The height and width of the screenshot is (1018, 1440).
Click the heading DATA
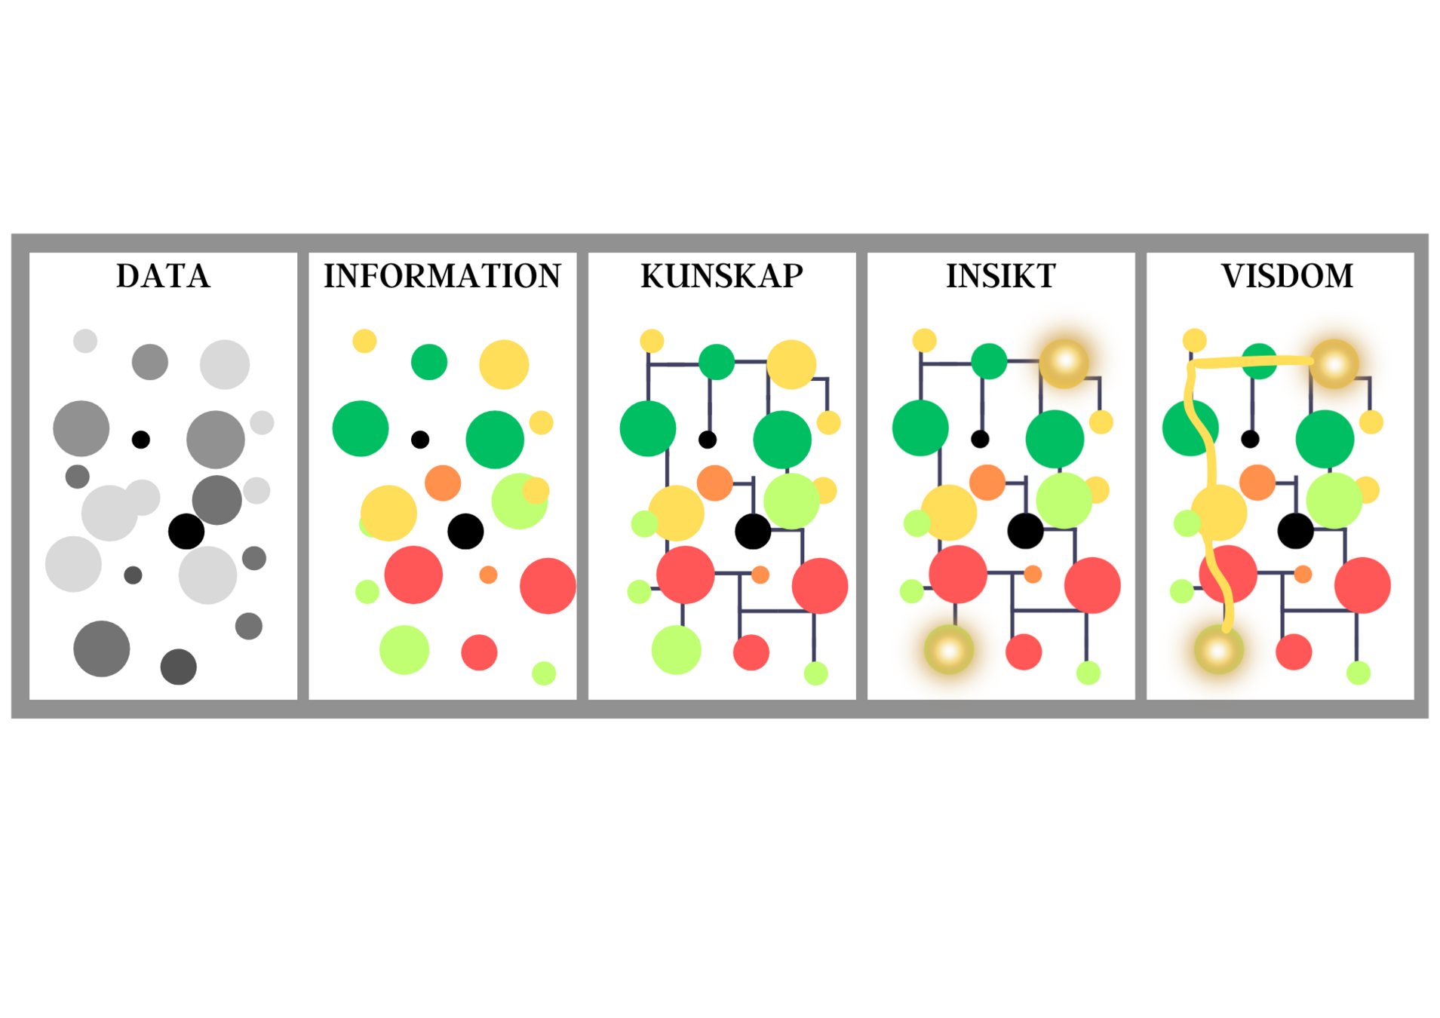click(163, 276)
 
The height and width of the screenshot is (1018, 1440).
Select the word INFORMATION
click(442, 276)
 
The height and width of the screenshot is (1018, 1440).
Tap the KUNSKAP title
click(722, 276)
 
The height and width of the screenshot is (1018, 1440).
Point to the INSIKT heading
click(1001, 276)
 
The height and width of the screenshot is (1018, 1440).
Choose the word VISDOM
click(1287, 276)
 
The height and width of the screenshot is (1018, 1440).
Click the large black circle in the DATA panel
click(186, 531)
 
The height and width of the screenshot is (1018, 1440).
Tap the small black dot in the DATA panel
click(141, 439)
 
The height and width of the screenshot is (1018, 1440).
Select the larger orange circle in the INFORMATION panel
click(443, 483)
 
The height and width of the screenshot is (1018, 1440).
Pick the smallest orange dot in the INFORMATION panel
click(488, 575)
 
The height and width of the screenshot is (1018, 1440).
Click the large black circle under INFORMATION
click(465, 531)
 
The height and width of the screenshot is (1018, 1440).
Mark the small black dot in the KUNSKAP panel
click(708, 439)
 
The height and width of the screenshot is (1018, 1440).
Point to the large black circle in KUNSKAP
click(753, 531)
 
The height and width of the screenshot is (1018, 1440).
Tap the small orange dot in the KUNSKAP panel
click(760, 575)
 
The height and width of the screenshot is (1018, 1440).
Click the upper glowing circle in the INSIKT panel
click(1064, 363)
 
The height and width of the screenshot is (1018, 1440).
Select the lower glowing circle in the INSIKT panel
click(949, 650)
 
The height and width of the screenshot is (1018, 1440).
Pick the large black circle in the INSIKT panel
click(1025, 531)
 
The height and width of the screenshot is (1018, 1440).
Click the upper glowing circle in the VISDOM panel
click(1334, 363)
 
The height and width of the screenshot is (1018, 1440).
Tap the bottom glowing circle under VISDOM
click(1219, 650)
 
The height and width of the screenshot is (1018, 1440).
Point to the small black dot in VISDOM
click(1250, 439)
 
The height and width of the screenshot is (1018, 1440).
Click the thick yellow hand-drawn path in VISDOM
click(1211, 468)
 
